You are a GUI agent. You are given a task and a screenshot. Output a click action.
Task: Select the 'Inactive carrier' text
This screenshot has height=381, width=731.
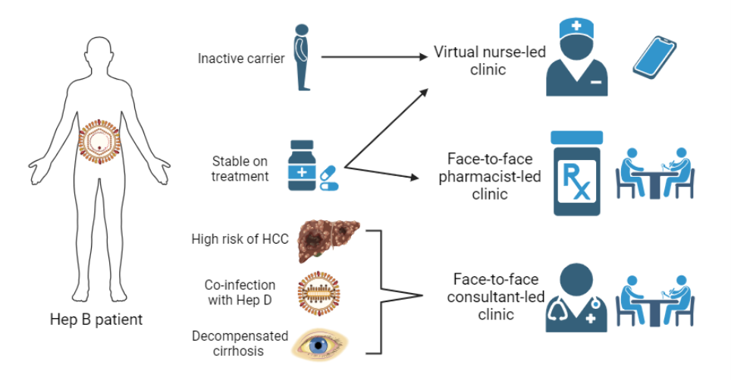coord(241,58)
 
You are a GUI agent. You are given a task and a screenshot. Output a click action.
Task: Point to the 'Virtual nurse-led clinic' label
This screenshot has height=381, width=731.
coord(480,60)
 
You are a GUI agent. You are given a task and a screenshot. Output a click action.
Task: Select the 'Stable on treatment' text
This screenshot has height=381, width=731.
coord(240,168)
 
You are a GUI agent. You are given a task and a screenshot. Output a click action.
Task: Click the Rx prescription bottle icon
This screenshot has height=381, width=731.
coord(576,177)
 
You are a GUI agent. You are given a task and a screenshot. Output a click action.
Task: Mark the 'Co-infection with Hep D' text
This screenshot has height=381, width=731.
coord(240,292)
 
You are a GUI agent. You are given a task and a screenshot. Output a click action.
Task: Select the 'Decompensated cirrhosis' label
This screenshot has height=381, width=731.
coord(240,342)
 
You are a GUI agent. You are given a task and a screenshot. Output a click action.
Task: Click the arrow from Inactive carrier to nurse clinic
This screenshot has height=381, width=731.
coord(372,57)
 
